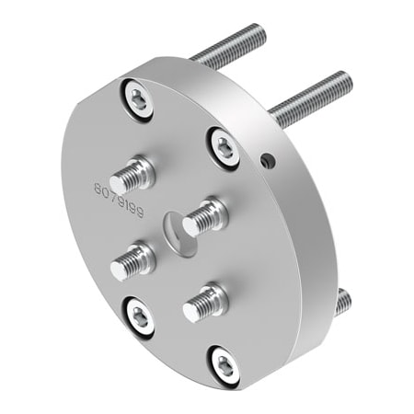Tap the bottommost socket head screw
point(224,365)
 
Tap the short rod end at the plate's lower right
point(341,300)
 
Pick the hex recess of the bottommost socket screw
point(224,365)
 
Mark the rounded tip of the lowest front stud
point(190,312)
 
